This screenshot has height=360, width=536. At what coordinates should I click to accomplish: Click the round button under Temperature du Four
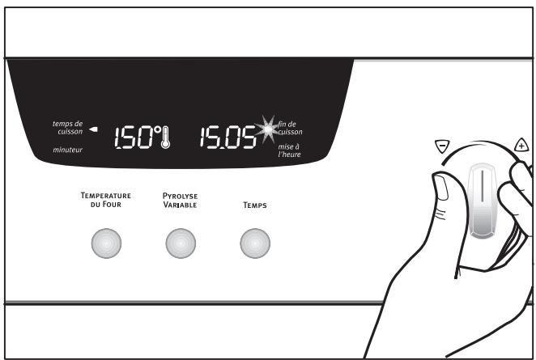pyautogui.click(x=105, y=242)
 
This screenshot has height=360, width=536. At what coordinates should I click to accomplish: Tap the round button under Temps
pyautogui.click(x=255, y=242)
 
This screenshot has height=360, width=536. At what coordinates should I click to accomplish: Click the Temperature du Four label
pyautogui.click(x=104, y=200)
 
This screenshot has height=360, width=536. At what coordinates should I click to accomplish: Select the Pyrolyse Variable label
pyautogui.click(x=180, y=200)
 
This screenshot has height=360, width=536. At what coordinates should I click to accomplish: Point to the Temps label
pyautogui.click(x=255, y=205)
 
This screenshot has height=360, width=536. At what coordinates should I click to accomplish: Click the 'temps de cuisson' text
pyautogui.click(x=67, y=127)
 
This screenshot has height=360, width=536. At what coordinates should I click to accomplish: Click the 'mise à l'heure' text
pyautogui.click(x=288, y=149)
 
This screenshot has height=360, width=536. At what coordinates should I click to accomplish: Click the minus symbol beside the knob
pyautogui.click(x=441, y=146)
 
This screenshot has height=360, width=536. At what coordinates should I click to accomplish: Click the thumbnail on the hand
pyautogui.click(x=443, y=190)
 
